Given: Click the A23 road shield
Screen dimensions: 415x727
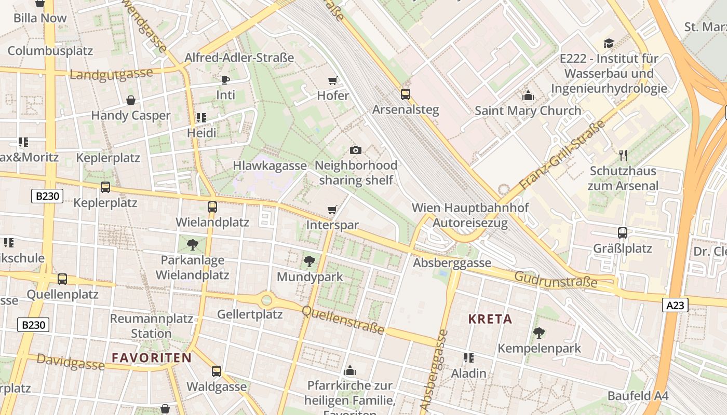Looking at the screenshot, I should click(675, 306).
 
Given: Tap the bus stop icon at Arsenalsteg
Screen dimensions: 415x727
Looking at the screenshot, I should click(405, 94).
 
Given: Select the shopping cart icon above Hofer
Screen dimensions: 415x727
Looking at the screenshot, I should click(333, 80).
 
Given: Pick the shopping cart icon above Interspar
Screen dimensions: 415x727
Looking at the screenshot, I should click(332, 210).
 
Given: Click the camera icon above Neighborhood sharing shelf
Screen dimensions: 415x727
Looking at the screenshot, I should click(356, 150).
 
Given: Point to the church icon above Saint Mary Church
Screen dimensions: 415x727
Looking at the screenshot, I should click(528, 95).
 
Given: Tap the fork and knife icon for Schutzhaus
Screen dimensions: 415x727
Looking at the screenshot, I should click(623, 155).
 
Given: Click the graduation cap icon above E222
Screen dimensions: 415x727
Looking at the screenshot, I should click(609, 43).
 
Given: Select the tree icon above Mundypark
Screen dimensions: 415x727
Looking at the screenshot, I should click(310, 261).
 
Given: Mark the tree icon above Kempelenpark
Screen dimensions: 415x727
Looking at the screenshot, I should click(539, 333).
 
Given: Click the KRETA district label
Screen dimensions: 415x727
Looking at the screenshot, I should click(490, 319).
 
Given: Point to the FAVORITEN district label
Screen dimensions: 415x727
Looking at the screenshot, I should click(152, 357).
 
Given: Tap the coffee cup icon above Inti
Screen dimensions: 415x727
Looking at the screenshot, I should click(225, 80).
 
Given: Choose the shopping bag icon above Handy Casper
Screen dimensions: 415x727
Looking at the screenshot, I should click(131, 100).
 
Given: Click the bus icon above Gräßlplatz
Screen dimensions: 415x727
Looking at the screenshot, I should click(623, 233).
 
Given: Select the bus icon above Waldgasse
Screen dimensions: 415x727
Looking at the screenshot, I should click(217, 371).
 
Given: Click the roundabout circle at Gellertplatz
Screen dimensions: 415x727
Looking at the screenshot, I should click(267, 299).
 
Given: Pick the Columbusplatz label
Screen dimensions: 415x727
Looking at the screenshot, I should click(50, 51).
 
